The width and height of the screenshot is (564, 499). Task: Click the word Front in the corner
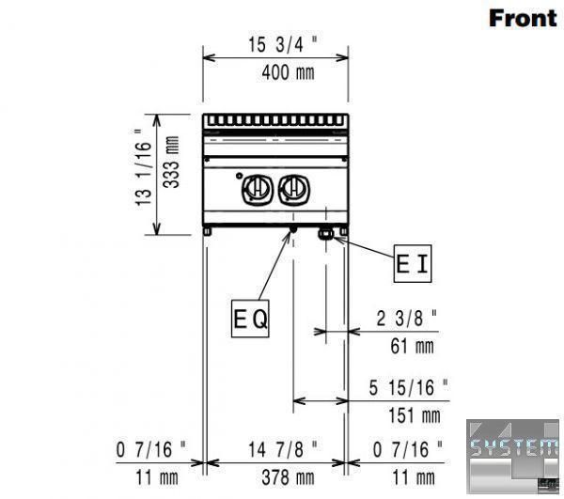point(523,19)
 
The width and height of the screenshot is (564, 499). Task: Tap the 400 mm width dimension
point(288,72)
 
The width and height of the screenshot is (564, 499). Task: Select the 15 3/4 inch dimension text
point(283,44)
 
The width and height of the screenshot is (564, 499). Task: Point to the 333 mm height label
point(171,162)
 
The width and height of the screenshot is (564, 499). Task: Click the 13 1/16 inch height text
point(143,168)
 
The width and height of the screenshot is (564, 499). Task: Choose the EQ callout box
point(250,319)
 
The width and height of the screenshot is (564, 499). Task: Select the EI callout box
point(413,263)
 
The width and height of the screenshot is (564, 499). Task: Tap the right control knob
point(294,189)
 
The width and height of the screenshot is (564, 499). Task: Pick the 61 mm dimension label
point(413,347)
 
